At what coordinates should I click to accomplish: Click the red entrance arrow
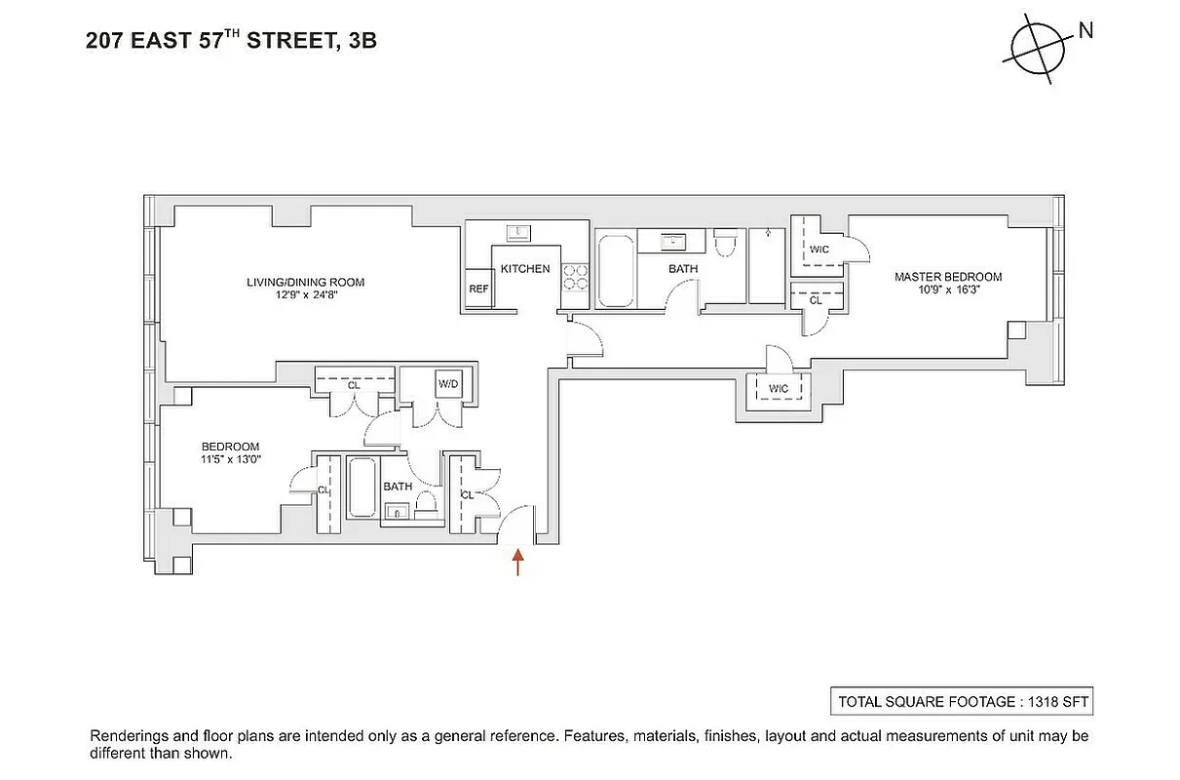point(517,562)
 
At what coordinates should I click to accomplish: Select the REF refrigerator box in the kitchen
point(478,289)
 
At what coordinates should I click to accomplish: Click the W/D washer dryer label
point(447,384)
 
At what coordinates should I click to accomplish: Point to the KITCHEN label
point(525,269)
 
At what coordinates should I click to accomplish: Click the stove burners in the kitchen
point(576,278)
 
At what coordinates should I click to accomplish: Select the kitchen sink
point(516,232)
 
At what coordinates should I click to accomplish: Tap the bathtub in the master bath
point(615,270)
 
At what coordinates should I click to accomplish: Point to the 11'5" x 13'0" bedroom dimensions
point(231,460)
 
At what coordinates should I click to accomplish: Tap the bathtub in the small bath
point(363,487)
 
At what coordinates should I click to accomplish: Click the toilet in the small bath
point(425,504)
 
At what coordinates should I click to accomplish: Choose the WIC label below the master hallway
point(778,389)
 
